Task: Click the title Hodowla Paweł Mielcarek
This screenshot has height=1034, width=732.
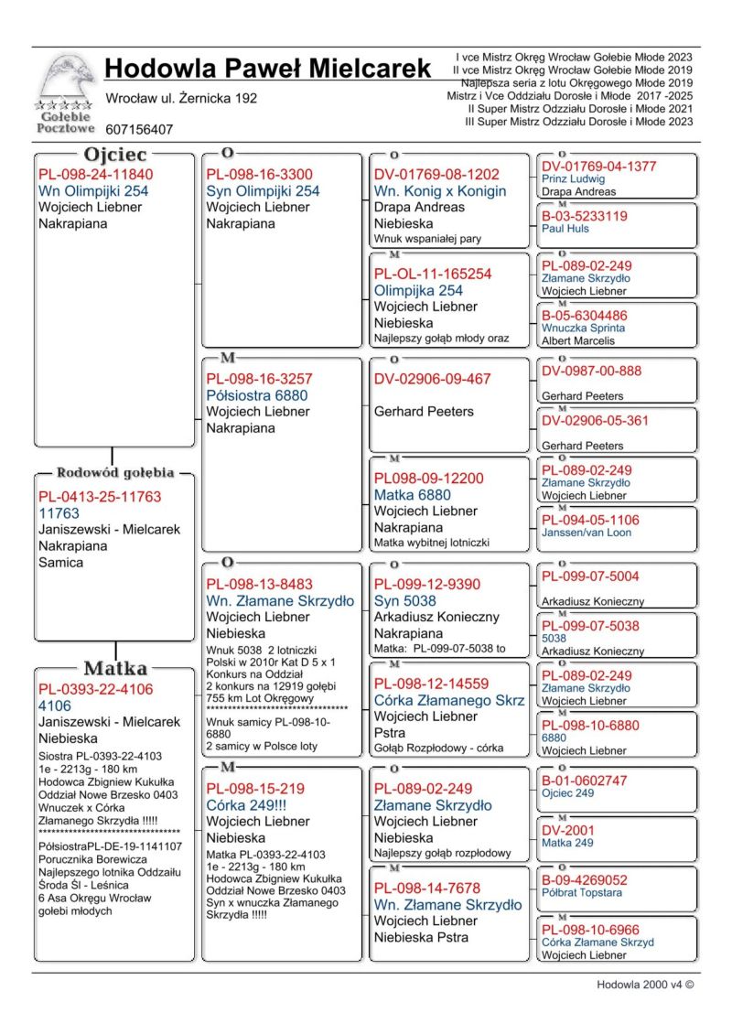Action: pyautogui.click(x=267, y=69)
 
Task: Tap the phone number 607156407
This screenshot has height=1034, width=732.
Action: pyautogui.click(x=139, y=130)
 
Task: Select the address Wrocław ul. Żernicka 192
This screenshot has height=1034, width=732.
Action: pyautogui.click(x=181, y=98)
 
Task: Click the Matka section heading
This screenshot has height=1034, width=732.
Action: pyautogui.click(x=116, y=668)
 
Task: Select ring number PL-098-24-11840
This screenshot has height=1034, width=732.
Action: pyautogui.click(x=95, y=175)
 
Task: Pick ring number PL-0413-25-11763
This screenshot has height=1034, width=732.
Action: pyautogui.click(x=99, y=497)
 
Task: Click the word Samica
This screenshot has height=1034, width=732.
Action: pyautogui.click(x=60, y=563)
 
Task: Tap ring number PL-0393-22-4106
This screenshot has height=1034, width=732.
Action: pyautogui.click(x=95, y=689)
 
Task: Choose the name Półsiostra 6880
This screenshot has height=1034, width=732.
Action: pyautogui.click(x=256, y=395)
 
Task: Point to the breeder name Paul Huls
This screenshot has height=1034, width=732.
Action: pyautogui.click(x=565, y=230)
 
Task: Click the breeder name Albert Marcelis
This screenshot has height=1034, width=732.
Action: pyautogui.click(x=578, y=340)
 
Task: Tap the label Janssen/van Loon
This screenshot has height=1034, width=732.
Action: pyautogui.click(x=586, y=533)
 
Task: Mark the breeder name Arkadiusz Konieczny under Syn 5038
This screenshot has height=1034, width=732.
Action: pyautogui.click(x=436, y=618)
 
